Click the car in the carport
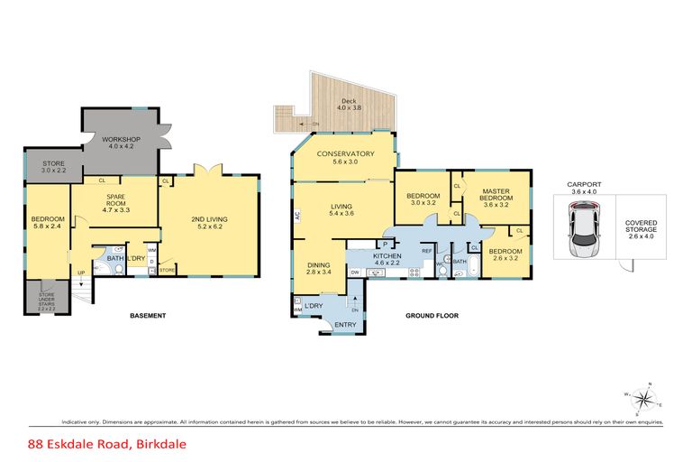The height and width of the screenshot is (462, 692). click(x=582, y=229)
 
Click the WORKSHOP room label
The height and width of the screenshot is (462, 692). click(x=120, y=142)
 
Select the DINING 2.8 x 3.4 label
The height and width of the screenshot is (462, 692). click(x=319, y=267)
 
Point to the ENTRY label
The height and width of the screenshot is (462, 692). click(x=345, y=326)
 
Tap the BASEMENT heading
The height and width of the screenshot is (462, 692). click(x=147, y=316)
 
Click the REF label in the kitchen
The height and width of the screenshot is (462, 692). click(x=429, y=249)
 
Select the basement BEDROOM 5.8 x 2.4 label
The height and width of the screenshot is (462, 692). click(x=45, y=223)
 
